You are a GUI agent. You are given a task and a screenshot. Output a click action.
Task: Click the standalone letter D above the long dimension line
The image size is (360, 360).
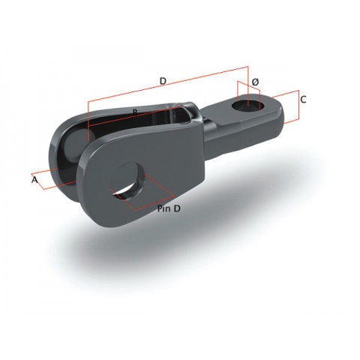(x=162, y=80)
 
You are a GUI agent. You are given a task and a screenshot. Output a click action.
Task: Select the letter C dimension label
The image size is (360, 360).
(x=303, y=99)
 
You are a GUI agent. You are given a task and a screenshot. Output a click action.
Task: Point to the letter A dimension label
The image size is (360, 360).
(x=34, y=180)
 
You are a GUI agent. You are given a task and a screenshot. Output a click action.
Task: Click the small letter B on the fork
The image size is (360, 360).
(x=134, y=112)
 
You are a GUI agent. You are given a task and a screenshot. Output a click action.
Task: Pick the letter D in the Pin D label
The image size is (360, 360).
(x=178, y=209)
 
